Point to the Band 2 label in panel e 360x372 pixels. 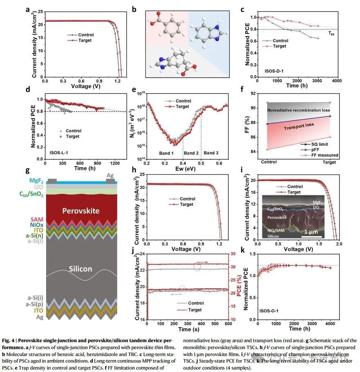(x=191, y=153)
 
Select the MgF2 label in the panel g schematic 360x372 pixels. (x=36, y=180)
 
